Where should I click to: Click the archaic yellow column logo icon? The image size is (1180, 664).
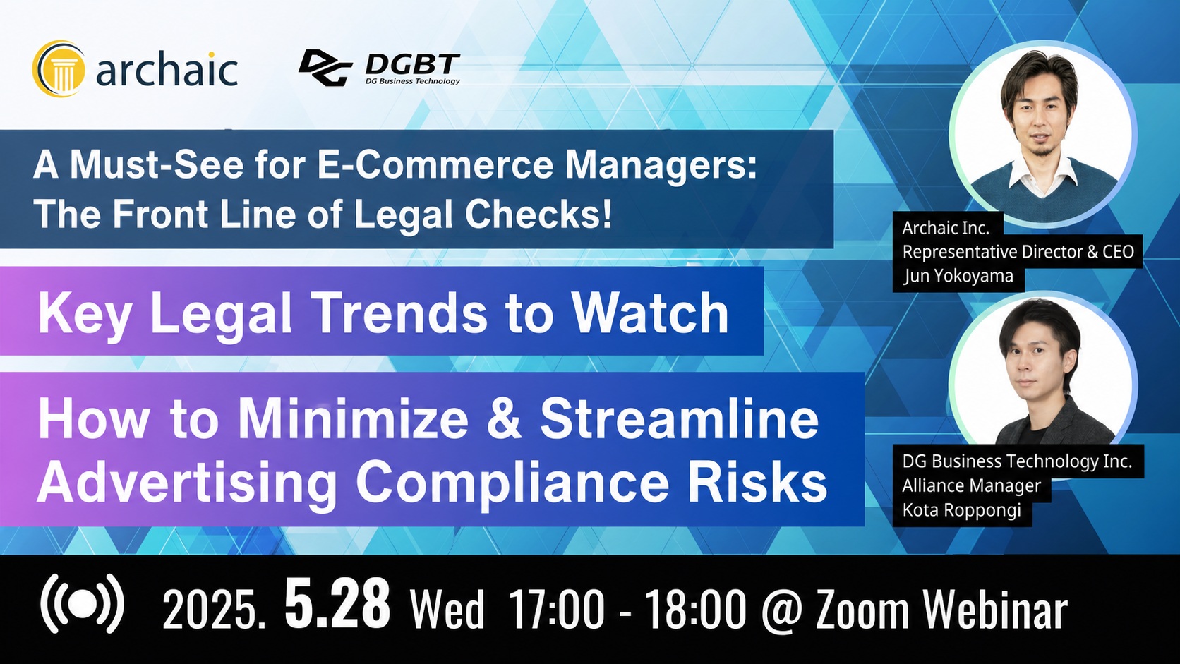58,68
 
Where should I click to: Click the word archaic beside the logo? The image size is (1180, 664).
167,69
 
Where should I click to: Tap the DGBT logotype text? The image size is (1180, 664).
412,65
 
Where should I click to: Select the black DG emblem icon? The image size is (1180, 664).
325,68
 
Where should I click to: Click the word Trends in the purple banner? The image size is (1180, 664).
402,313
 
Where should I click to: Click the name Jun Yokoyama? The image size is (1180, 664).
958,276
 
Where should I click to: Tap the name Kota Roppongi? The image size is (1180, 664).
962,509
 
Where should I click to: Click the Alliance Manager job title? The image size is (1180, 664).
971,485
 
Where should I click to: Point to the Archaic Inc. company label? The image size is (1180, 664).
946,228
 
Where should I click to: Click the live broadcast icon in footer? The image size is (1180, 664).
82,603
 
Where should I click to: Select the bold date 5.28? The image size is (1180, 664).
337,603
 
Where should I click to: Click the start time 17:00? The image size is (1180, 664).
557,609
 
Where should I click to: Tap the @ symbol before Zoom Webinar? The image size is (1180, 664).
782,610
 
